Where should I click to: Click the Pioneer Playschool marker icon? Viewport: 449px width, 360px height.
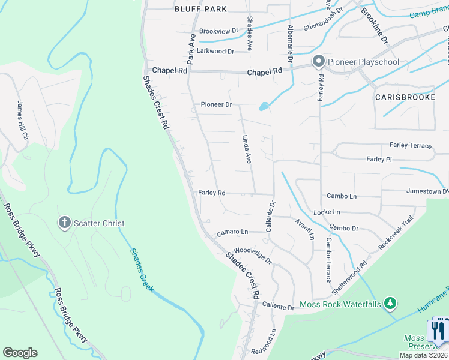tap(318, 61)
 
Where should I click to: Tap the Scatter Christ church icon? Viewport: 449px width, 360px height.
tap(65, 223)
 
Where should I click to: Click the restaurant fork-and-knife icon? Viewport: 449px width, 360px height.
tap(438, 331)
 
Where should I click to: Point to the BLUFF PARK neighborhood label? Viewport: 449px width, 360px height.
tap(200, 9)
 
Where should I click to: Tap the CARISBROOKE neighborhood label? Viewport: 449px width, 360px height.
tap(405, 97)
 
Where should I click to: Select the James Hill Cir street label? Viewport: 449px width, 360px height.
tap(23, 120)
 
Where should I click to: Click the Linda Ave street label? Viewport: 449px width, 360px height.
tap(247, 149)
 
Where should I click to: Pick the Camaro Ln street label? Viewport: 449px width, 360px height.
tap(232, 232)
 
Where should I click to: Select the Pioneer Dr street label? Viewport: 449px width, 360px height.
tap(216, 104)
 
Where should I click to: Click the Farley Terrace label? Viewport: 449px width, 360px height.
tap(410, 145)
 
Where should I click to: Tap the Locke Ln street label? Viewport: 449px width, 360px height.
tap(327, 212)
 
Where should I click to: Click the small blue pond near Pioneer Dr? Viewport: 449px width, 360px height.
tap(263, 107)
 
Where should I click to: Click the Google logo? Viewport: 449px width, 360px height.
tap(20, 353)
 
